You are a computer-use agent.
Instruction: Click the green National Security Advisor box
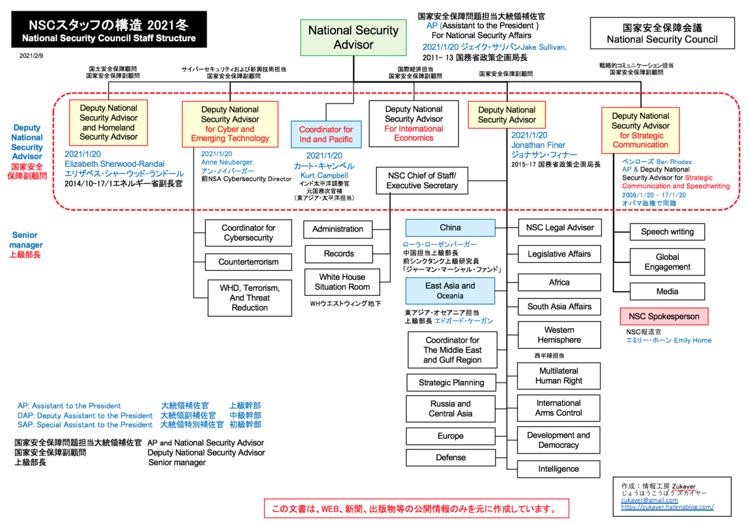353,37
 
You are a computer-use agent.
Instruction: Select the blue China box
450,228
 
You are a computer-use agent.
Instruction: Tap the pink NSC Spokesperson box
663,317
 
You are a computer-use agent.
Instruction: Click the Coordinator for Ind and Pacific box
326,134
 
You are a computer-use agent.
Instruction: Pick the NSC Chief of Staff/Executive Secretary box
422,180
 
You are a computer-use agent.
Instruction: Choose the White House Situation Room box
342,282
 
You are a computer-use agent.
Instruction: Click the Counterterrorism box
248,262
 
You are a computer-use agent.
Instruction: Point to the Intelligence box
559,469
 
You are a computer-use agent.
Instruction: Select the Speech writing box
667,232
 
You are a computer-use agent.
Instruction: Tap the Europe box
451,436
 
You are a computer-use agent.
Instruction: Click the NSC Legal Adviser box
560,228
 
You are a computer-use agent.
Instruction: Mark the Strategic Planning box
451,383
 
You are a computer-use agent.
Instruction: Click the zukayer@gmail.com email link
649,500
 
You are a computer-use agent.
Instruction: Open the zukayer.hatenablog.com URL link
667,507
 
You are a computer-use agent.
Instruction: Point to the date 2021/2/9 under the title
31,56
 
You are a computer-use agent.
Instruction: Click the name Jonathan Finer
538,145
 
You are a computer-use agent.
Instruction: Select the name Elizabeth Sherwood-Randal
114,164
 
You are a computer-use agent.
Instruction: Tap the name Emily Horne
692,340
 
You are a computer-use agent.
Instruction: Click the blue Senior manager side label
26,240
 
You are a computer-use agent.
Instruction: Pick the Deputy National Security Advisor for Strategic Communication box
640,130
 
